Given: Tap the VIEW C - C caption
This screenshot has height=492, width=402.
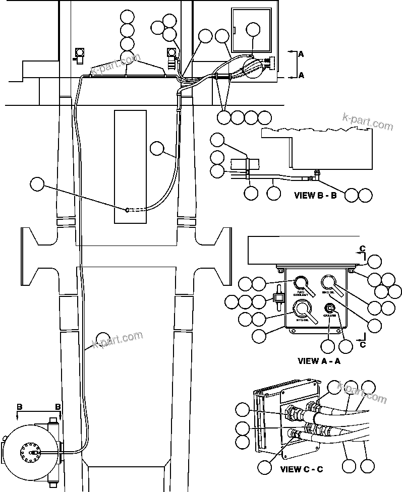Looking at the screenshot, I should [x=302, y=469].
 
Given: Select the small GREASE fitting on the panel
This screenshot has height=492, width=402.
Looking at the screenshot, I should [x=329, y=308].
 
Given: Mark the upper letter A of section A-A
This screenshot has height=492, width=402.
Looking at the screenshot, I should [x=301, y=53].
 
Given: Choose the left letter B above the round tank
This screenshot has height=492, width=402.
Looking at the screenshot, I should [x=19, y=407].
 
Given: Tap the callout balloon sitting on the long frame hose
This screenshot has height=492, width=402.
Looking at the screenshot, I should [x=103, y=338].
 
